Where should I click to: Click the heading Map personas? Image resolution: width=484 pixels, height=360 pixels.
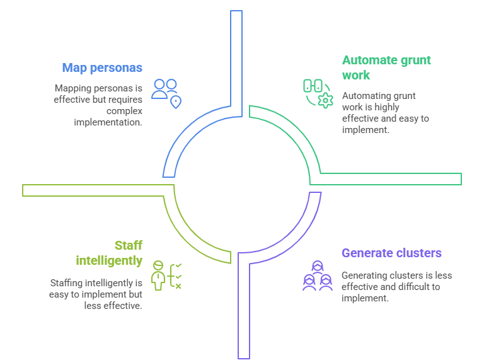(x=102, y=67)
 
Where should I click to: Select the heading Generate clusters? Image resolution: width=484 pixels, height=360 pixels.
(x=391, y=253)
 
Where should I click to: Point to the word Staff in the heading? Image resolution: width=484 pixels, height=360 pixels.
(x=129, y=245)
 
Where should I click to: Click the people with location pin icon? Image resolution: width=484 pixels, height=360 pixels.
(x=167, y=93)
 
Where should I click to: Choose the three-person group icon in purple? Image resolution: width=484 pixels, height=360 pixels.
(x=317, y=276)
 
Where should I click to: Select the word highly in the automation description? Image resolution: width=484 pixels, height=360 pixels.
(x=386, y=107)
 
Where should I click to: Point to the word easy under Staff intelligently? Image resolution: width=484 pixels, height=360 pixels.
(x=59, y=294)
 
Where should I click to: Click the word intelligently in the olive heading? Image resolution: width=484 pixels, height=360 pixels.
(x=109, y=260)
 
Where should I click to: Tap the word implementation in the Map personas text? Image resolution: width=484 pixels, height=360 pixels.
(x=108, y=122)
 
